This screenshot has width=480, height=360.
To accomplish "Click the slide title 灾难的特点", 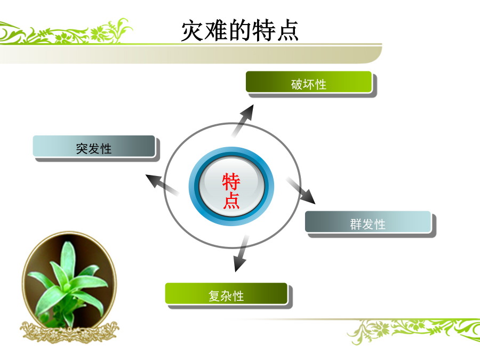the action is click(239, 30).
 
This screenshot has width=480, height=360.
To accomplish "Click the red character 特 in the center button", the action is click(231, 181).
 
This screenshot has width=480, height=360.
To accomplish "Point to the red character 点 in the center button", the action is click(231, 201).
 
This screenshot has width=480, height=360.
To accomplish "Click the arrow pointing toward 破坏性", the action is click(243, 121).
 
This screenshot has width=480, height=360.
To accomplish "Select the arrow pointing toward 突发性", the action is click(162, 185).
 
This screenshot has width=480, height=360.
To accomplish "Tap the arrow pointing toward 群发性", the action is click(301, 190).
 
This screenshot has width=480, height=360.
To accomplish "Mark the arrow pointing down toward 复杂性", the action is click(241, 253).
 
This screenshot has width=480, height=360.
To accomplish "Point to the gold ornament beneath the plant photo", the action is click(69, 332).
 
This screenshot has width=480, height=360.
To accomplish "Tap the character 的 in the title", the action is click(239, 30).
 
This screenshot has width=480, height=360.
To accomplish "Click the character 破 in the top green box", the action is click(297, 84).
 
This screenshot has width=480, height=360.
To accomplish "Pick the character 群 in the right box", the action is click(356, 224).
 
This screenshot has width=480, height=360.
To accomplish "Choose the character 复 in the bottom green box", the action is click(214, 296).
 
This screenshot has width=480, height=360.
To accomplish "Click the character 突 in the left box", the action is click(82, 149).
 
